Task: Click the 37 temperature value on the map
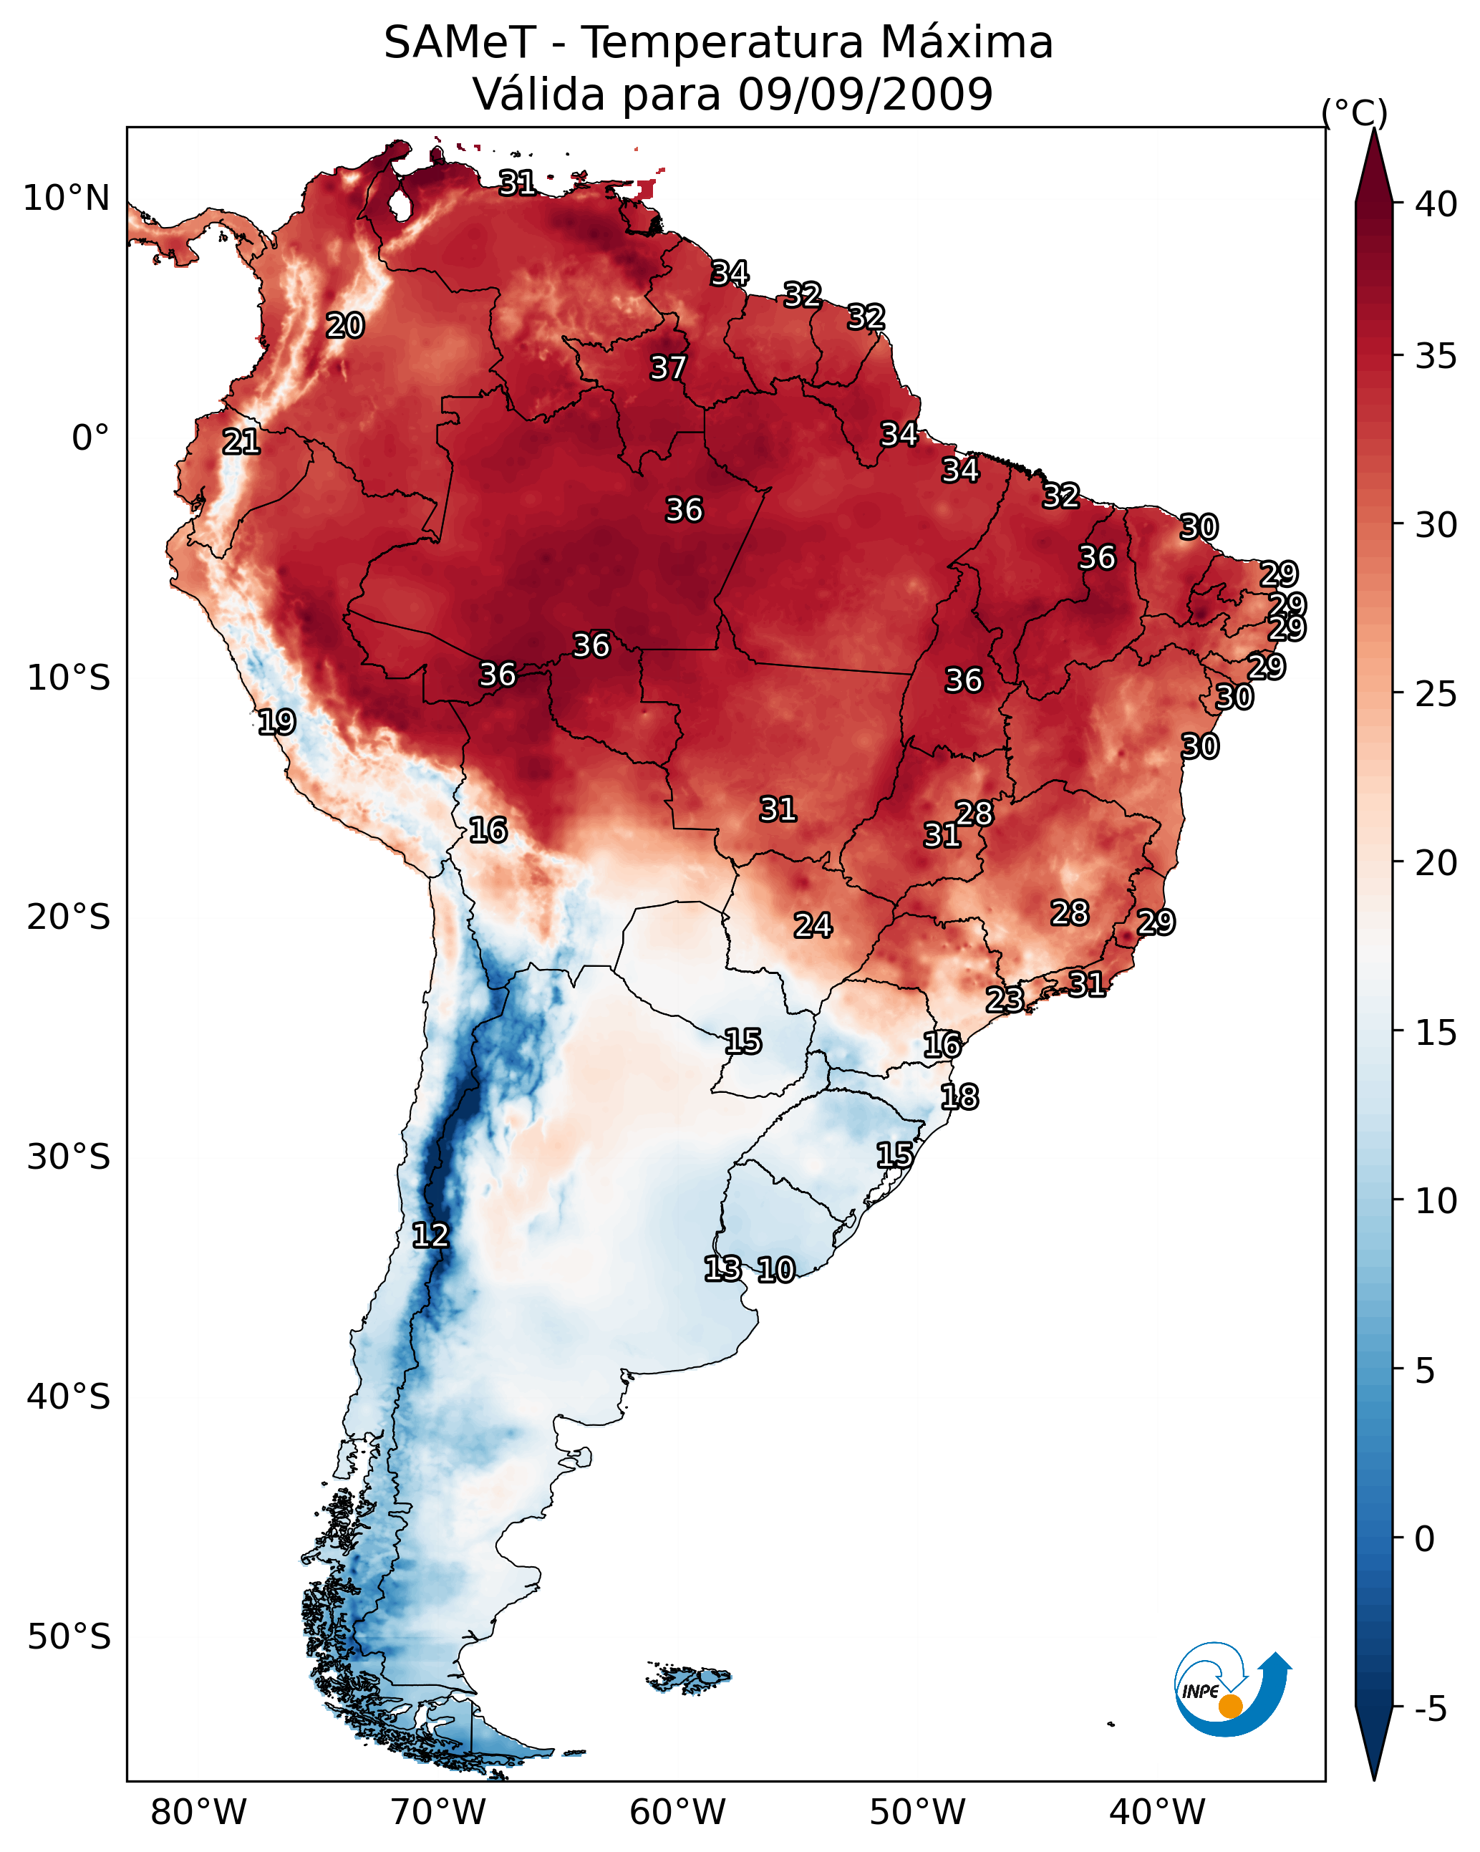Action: coord(667,367)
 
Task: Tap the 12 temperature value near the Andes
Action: coord(430,1235)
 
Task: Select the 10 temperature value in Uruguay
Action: coord(775,1270)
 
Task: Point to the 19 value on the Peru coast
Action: coord(276,722)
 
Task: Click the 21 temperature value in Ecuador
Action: coord(241,442)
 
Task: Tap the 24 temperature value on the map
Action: coord(813,925)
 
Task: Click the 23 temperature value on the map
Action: coord(1004,999)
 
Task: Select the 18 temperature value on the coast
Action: coord(959,1097)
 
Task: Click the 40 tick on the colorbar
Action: coord(1436,204)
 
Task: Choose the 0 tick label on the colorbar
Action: coord(1424,1539)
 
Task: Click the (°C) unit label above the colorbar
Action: coord(1354,112)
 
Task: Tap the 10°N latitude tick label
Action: coord(66,198)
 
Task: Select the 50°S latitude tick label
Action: coord(69,1637)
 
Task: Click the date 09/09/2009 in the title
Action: coord(865,94)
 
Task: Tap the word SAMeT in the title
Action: coord(460,43)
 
